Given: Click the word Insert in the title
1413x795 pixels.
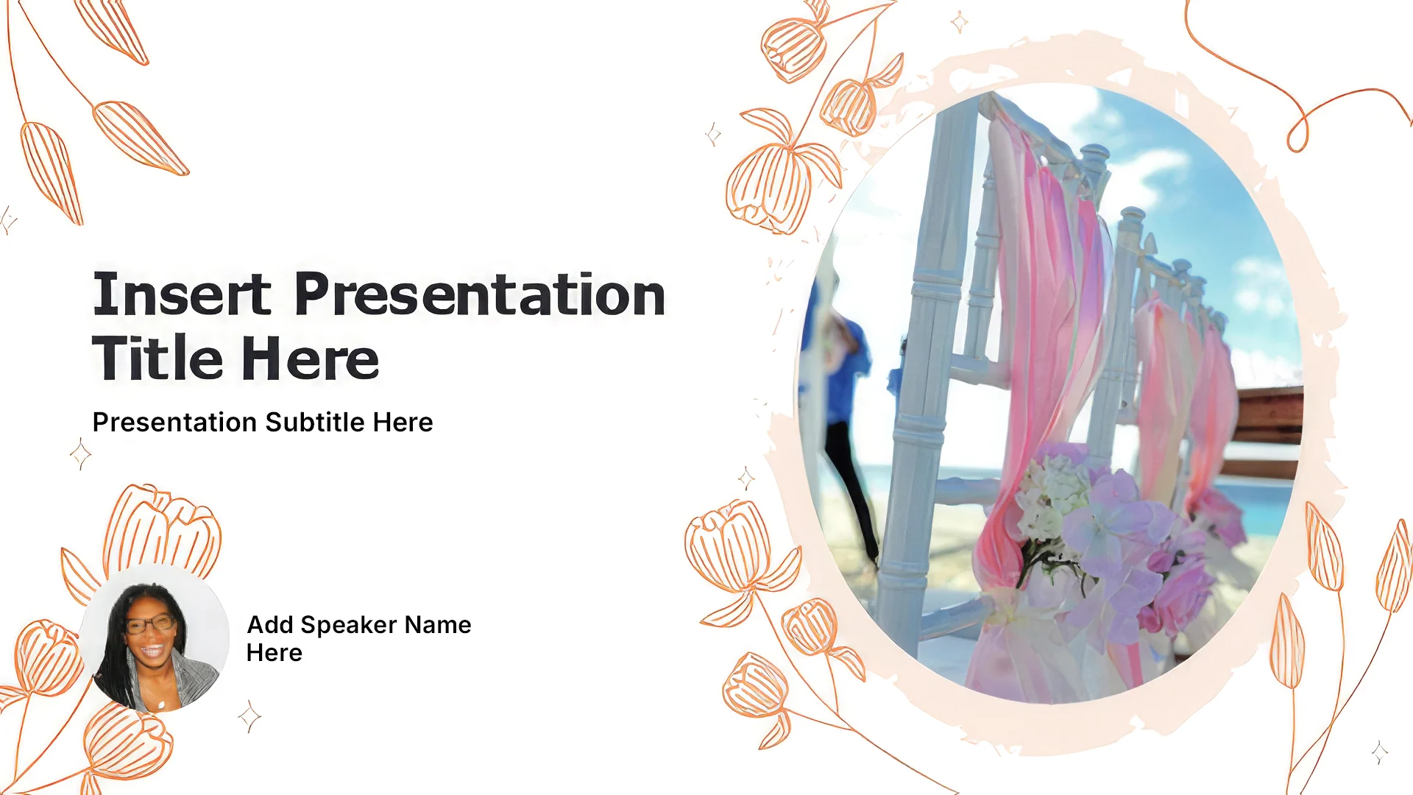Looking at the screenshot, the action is click(182, 294).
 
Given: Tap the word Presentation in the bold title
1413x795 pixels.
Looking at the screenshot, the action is click(480, 294).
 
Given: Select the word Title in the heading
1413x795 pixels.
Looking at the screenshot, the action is click(157, 358).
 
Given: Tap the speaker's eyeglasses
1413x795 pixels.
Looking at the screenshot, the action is click(149, 625).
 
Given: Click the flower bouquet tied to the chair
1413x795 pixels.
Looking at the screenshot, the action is click(1111, 537).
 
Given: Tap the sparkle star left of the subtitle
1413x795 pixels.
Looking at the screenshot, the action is click(80, 453).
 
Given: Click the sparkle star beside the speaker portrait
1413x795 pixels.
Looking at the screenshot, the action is click(249, 716).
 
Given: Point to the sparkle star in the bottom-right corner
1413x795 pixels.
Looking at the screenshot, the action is click(1380, 752).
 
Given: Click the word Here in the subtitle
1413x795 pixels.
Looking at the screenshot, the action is click(403, 423).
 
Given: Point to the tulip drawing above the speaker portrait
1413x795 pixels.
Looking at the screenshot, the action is click(162, 530).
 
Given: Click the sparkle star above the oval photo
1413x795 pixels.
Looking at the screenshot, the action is click(959, 22).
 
